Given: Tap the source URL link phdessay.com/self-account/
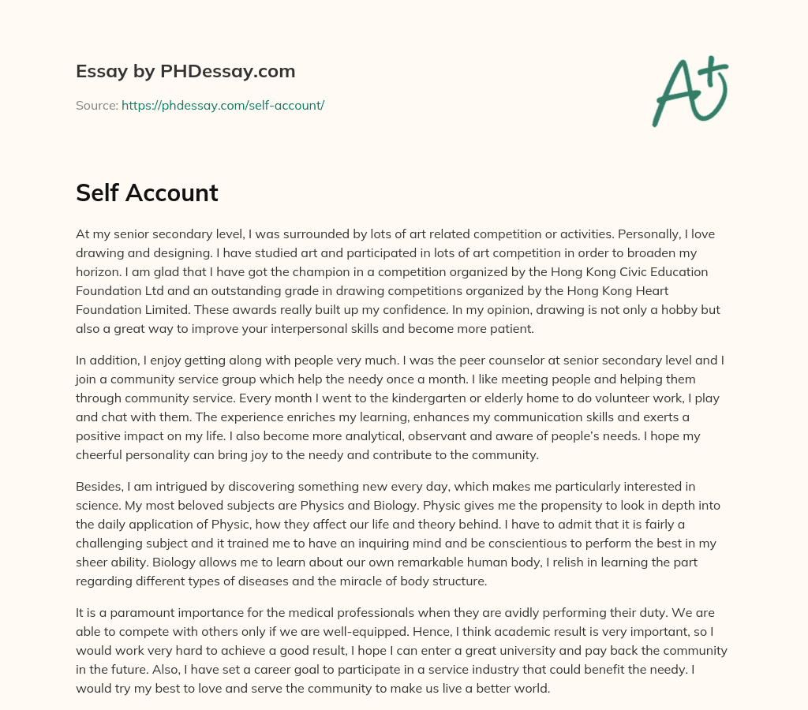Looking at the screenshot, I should [223, 105].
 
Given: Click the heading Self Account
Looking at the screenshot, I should [147, 192].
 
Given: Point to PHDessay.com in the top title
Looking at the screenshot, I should [227, 71].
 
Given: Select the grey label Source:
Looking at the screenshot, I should [97, 105].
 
